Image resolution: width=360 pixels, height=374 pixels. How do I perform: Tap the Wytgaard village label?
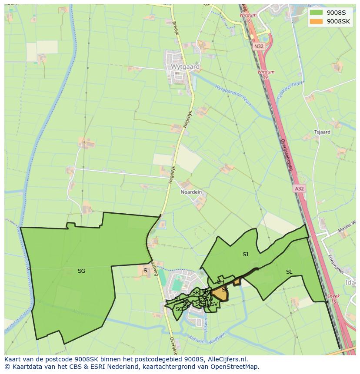click(185, 67)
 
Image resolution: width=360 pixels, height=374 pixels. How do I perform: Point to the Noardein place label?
click(191, 192)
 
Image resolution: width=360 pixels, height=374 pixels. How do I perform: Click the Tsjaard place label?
click(322, 132)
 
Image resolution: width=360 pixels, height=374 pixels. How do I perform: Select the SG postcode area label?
click(81, 271)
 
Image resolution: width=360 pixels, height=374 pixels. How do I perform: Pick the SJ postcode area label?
click(245, 255)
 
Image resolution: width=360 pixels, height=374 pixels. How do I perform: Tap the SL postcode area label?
click(289, 272)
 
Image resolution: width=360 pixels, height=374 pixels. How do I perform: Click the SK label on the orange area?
click(225, 290)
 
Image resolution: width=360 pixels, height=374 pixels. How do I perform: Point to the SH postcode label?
click(220, 282)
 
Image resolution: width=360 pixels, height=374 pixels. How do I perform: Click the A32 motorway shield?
click(299, 188)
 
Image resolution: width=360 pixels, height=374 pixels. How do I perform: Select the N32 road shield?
click(259, 46)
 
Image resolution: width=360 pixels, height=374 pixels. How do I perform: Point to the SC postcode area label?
click(179, 309)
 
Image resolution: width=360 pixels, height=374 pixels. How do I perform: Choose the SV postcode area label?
click(214, 304)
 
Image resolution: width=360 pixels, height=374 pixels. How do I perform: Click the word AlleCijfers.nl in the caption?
click(227, 359)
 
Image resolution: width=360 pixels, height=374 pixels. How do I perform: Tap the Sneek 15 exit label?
click(333, 299)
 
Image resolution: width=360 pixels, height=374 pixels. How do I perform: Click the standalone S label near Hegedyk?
click(145, 271)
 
